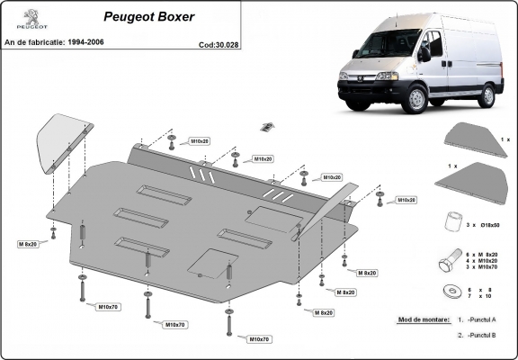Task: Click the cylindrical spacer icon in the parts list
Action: tap(450, 220)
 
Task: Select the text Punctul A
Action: tap(485, 319)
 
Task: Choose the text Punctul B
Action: tap(485, 335)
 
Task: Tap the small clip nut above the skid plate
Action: tap(267, 125)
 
